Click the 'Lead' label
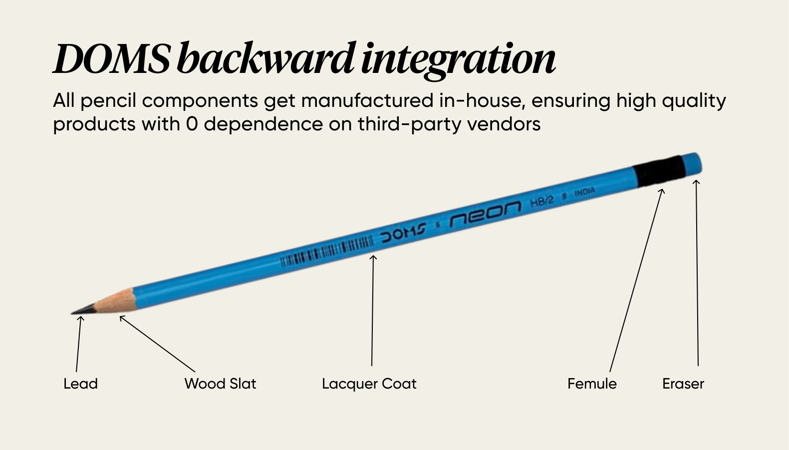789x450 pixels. pos(80,384)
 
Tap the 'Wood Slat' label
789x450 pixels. pos(220,384)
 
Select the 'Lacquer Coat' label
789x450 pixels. pos(369,384)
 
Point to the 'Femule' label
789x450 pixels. pos(592,384)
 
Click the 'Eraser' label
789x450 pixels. pos(683,384)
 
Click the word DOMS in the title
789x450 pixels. pos(111,59)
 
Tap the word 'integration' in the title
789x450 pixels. pos(458,59)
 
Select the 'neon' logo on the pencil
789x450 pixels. pos(485,213)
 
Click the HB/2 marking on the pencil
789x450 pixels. pos(542,201)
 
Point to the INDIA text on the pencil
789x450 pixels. pos(584,192)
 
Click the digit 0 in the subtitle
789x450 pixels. pos(192,124)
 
